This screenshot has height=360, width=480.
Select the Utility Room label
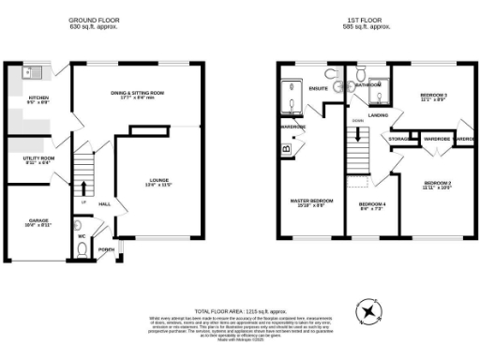38,159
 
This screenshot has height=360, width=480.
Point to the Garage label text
38,221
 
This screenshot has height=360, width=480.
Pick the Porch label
106,248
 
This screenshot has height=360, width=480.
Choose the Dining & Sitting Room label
138,93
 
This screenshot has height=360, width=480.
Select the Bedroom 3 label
432,97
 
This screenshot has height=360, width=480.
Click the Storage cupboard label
400,140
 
